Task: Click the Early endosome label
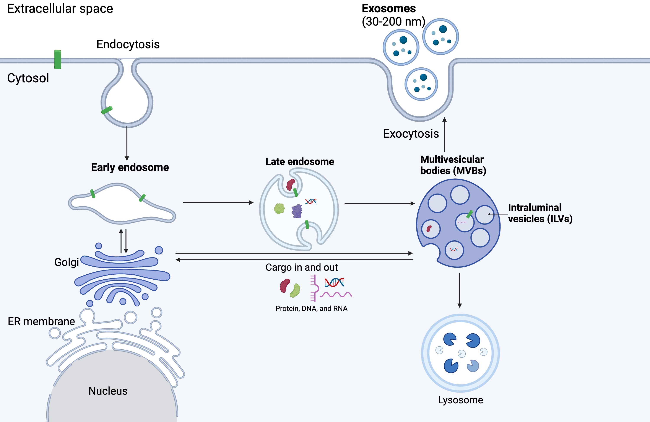click(x=130, y=167)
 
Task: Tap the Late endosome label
click(x=300, y=161)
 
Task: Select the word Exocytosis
click(x=411, y=134)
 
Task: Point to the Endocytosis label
click(x=128, y=44)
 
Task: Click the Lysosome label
click(x=460, y=400)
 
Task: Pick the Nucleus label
click(x=108, y=391)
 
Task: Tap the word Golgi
click(x=66, y=262)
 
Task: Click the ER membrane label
click(x=41, y=321)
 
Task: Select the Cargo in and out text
click(x=302, y=267)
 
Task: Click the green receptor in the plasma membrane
click(x=57, y=60)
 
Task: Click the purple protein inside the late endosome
click(x=297, y=211)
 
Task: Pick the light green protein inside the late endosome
click(x=279, y=209)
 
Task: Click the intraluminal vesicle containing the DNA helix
click(x=454, y=250)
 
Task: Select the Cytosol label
click(x=28, y=78)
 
